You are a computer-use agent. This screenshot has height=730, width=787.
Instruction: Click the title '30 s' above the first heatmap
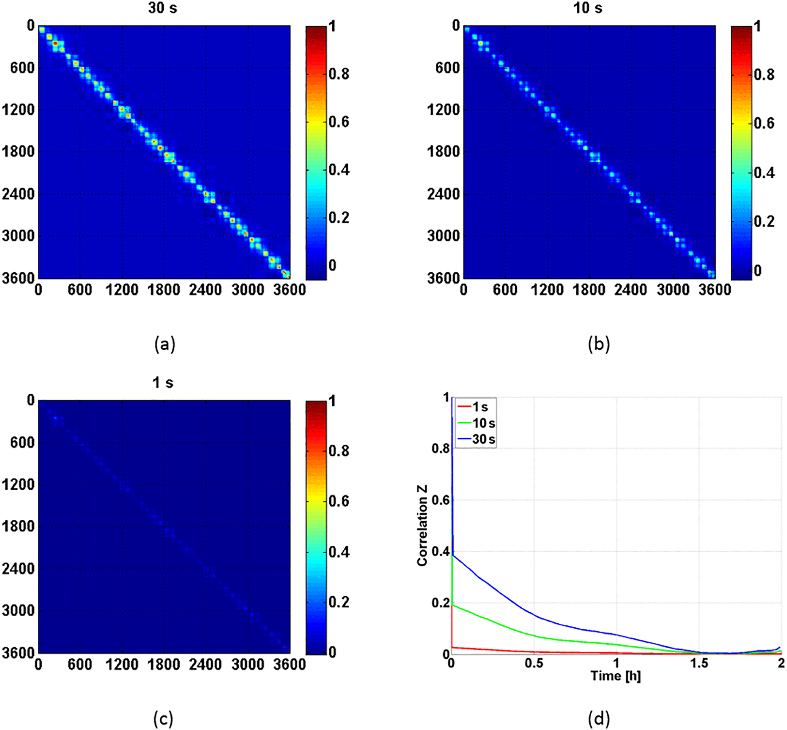point(162,8)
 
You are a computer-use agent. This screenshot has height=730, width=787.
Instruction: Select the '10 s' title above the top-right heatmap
point(587,8)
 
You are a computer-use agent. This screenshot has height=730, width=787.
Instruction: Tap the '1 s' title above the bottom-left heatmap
point(163,382)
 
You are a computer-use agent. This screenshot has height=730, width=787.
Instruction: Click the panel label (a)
point(164,344)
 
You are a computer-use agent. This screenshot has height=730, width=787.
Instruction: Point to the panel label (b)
point(599,344)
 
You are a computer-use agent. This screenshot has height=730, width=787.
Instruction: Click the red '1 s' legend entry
point(480,407)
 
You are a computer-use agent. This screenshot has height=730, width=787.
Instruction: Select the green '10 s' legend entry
point(483,423)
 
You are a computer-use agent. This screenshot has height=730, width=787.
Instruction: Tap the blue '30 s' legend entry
point(483,439)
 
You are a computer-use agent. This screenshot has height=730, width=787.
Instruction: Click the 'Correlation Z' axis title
point(422,526)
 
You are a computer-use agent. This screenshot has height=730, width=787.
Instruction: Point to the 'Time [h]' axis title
point(616,676)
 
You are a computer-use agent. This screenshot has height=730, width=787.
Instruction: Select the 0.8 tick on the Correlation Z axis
point(440,448)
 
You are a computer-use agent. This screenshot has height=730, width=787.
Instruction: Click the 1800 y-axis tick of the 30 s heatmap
point(18,152)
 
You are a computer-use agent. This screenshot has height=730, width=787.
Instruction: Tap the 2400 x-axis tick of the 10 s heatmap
point(631,289)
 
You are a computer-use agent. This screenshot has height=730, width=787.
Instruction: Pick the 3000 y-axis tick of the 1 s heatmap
point(18,611)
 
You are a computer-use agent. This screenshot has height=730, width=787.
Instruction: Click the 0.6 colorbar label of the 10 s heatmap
point(764,123)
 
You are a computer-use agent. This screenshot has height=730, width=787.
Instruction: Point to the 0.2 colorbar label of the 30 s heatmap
point(339,218)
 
